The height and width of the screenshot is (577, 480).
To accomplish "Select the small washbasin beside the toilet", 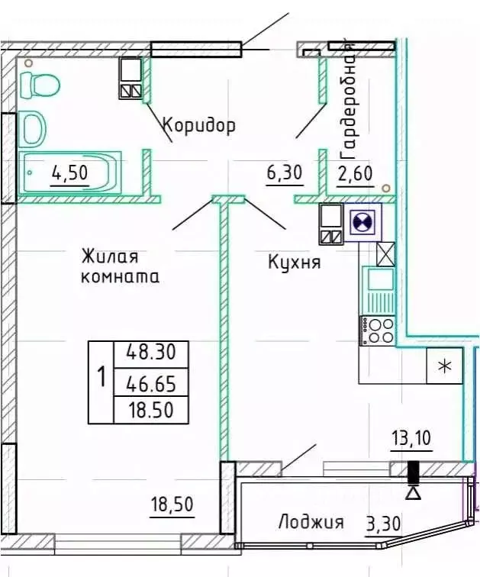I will pos(32,127).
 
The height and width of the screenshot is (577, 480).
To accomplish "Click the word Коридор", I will pos(198,124).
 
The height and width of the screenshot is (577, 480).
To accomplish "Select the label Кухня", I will pos(294,263).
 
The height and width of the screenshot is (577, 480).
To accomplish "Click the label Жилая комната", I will pos(120,266).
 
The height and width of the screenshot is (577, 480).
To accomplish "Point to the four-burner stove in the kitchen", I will pos(378,330).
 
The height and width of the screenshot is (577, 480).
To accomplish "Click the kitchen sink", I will pos(379,279).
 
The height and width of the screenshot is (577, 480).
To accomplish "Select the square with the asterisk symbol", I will pos(443,366).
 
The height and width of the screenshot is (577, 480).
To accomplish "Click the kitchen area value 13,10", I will pos(412,439).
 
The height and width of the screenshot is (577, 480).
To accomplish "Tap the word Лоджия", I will pos(310,523).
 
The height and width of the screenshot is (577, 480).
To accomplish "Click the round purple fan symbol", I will pos(361,222).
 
